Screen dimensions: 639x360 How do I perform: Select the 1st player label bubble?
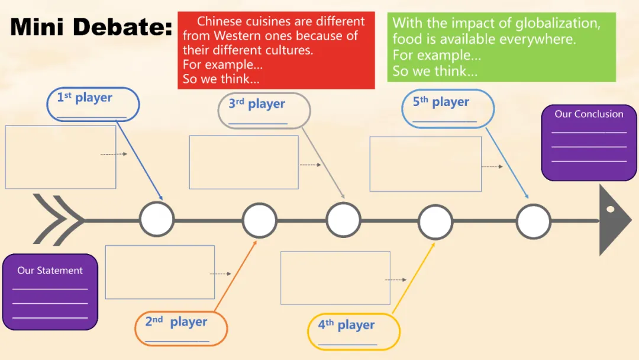pos(93,104)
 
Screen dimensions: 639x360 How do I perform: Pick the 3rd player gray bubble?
pos(264,110)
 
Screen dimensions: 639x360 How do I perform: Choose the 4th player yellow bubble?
pos(353,331)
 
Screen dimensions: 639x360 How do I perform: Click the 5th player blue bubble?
pos(448,108)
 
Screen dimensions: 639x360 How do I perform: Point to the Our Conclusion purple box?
pos(589,144)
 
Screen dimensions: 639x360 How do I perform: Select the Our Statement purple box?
pos(50,291)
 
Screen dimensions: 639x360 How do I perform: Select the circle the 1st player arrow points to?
pos(157,219)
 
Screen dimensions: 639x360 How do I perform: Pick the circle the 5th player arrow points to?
pos(533,221)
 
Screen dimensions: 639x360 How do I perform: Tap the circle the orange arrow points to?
pos(259,220)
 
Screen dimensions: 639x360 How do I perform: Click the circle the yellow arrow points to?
pos(435,221)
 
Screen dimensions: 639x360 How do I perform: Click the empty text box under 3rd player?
pos(243,162)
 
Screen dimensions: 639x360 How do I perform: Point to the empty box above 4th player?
pos(335,278)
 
